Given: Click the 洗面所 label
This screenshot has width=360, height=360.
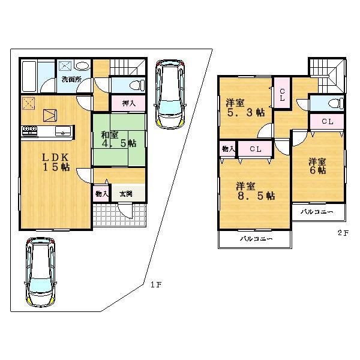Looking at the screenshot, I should pos(71,79).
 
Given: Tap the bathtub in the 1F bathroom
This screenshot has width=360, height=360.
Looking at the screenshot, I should pos(30,75).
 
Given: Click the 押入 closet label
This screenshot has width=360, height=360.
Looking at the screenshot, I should pos(128,103).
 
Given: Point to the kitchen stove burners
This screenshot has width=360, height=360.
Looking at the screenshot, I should pos(30,130).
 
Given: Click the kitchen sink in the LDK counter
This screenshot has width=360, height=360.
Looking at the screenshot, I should pos(63,130).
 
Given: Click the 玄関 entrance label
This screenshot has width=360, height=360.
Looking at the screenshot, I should pos(126,193).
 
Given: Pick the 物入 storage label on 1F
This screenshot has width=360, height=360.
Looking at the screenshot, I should pos(101,193).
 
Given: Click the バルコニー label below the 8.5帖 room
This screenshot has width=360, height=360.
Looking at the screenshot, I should pos(256,239).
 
